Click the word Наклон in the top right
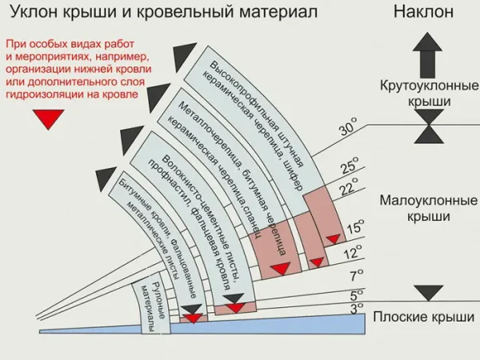(x=424, y=12)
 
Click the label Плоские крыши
(x=424, y=318)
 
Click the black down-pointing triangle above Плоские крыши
(x=429, y=293)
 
